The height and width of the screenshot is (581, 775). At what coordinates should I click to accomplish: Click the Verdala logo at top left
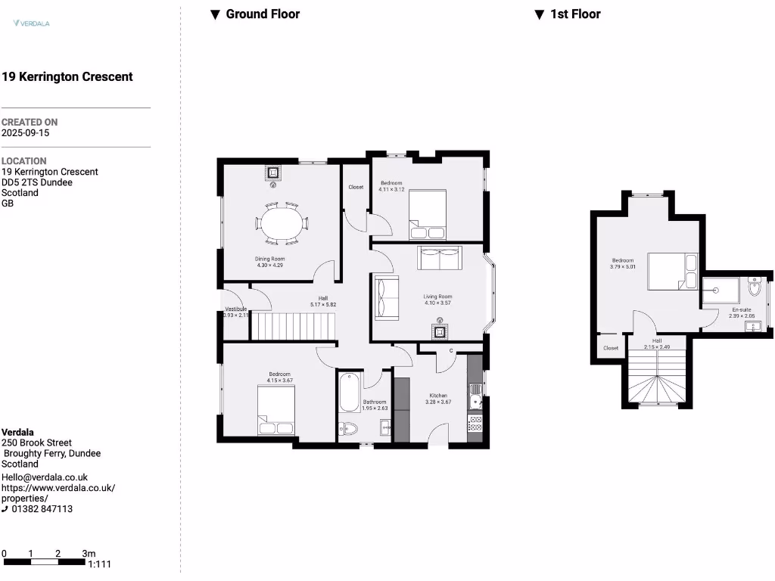31,23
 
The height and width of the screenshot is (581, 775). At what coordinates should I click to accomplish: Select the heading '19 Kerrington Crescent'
67,76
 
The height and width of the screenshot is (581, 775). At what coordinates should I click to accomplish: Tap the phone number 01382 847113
42,509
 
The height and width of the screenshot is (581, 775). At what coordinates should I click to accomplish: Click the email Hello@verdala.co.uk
45,477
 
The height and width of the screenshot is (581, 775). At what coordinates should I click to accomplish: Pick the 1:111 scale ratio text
99,564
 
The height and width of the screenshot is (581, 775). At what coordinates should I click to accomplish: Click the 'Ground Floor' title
262,14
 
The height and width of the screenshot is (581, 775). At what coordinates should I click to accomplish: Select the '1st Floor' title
575,14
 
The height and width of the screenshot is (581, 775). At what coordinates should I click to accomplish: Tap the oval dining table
282,223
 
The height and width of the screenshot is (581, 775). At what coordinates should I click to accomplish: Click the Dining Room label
269,259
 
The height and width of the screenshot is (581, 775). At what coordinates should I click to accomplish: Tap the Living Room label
437,297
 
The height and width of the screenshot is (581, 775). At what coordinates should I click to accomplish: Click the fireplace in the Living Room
439,330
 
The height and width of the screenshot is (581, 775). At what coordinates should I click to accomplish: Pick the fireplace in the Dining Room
274,173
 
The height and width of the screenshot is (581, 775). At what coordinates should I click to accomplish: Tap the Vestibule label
235,309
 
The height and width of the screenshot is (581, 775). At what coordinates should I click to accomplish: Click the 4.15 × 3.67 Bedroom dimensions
280,381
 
